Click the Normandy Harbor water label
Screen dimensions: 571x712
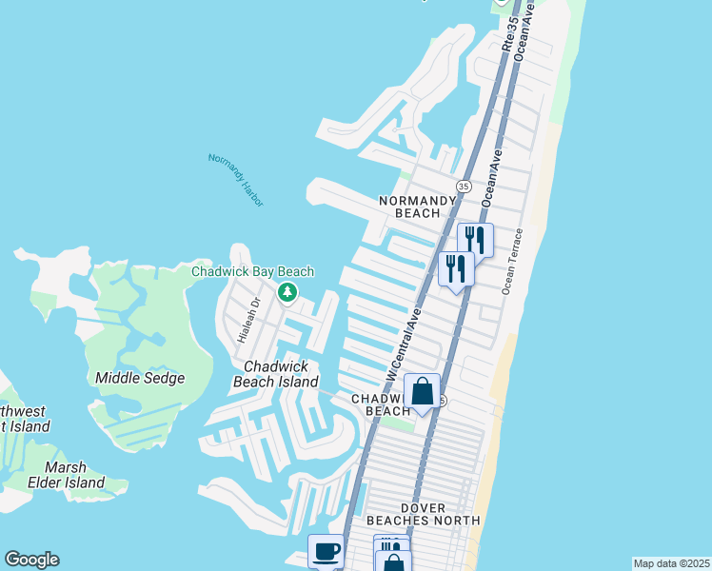(235, 180)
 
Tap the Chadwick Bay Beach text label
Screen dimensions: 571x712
(252, 271)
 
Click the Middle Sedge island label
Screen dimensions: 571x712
(139, 378)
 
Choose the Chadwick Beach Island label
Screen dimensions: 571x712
(276, 374)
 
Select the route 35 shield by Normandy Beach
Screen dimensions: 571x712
(463, 186)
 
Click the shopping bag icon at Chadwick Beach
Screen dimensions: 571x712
(423, 390)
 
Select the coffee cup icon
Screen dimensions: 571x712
(326, 551)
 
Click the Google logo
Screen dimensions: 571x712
(31, 560)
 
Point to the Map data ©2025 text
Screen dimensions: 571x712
(671, 563)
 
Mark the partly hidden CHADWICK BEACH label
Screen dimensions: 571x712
(381, 404)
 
